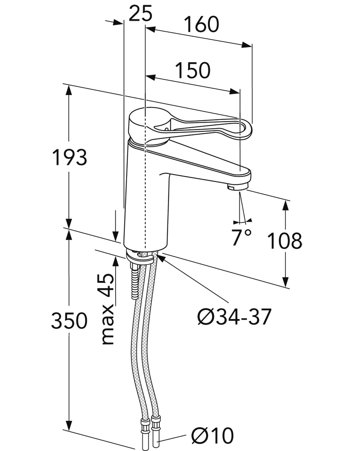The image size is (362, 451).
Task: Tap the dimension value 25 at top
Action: (x=141, y=13)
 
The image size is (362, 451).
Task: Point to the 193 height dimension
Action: (x=70, y=157)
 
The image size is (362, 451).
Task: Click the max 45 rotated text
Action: (x=107, y=309)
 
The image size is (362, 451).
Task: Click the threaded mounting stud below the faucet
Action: (x=135, y=281)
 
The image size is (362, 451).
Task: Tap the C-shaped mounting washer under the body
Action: (x=139, y=258)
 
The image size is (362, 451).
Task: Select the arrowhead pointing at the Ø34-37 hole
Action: (x=162, y=258)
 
